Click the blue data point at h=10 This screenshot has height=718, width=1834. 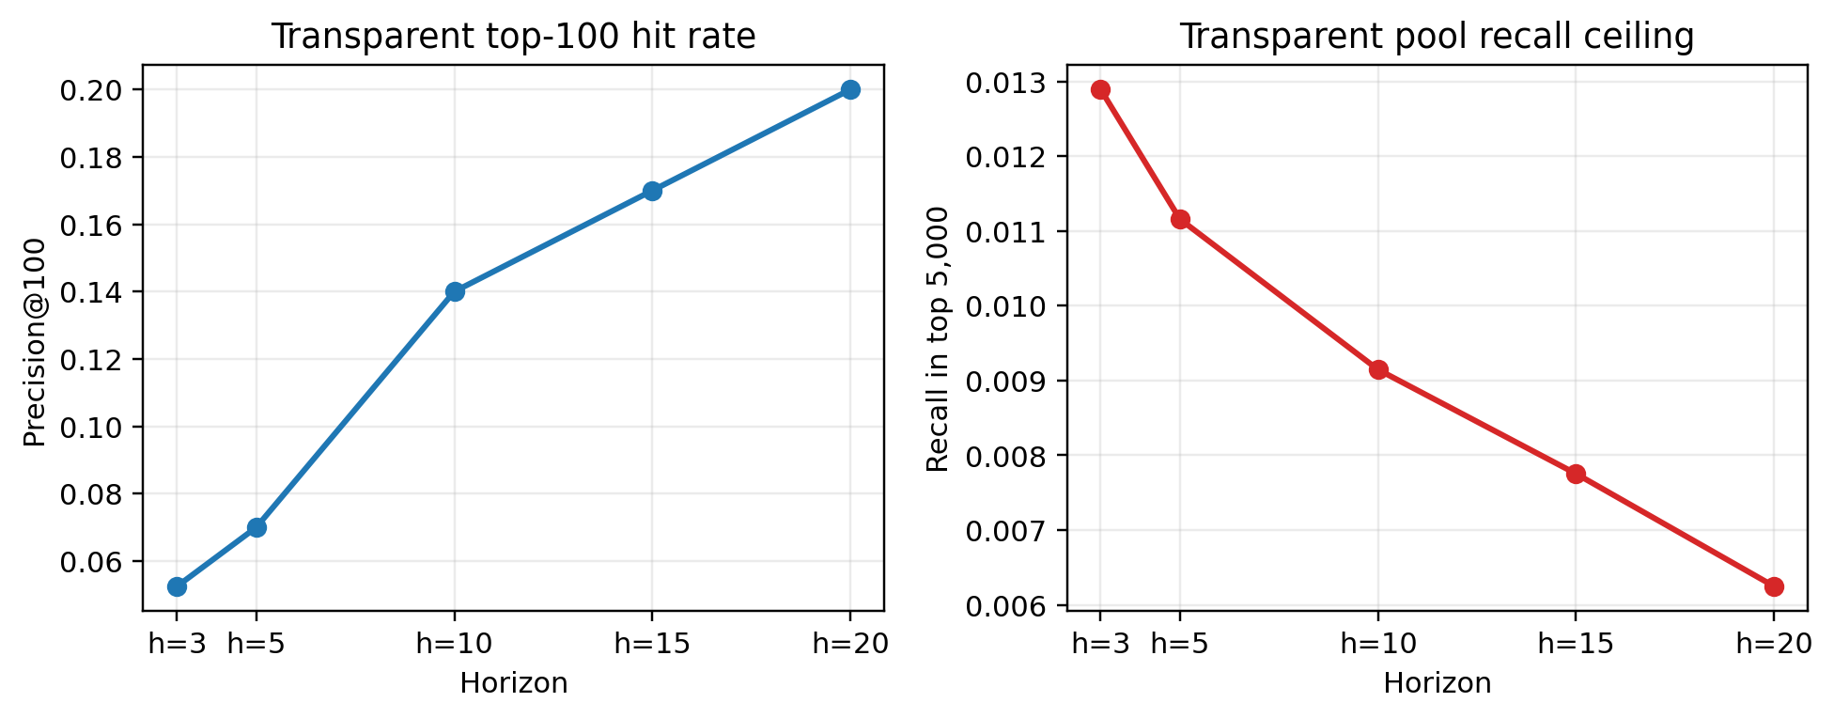coord(455,291)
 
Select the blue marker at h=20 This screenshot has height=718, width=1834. coord(850,89)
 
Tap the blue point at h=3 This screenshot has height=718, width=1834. coord(177,586)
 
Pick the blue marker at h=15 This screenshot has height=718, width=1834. coord(652,191)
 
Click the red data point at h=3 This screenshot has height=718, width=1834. coord(1100,89)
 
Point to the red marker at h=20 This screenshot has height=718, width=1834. coord(1774,586)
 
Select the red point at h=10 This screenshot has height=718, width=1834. coord(1378,369)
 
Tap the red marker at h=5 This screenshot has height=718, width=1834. coord(1180,219)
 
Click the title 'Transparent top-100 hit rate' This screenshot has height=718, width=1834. coord(513,37)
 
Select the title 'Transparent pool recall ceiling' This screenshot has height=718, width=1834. coord(1437,37)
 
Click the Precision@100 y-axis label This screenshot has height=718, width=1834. coord(34,342)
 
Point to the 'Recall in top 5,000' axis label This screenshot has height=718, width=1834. coord(938,338)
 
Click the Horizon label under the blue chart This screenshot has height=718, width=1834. coord(513,683)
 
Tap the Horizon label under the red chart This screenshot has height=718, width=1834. coord(1437,683)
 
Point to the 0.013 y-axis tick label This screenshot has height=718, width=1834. coord(1003,83)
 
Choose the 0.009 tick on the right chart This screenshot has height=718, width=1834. coord(1003,382)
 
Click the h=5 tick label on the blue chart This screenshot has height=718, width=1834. coord(256,645)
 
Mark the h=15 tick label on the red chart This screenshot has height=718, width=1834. coord(1576,645)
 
